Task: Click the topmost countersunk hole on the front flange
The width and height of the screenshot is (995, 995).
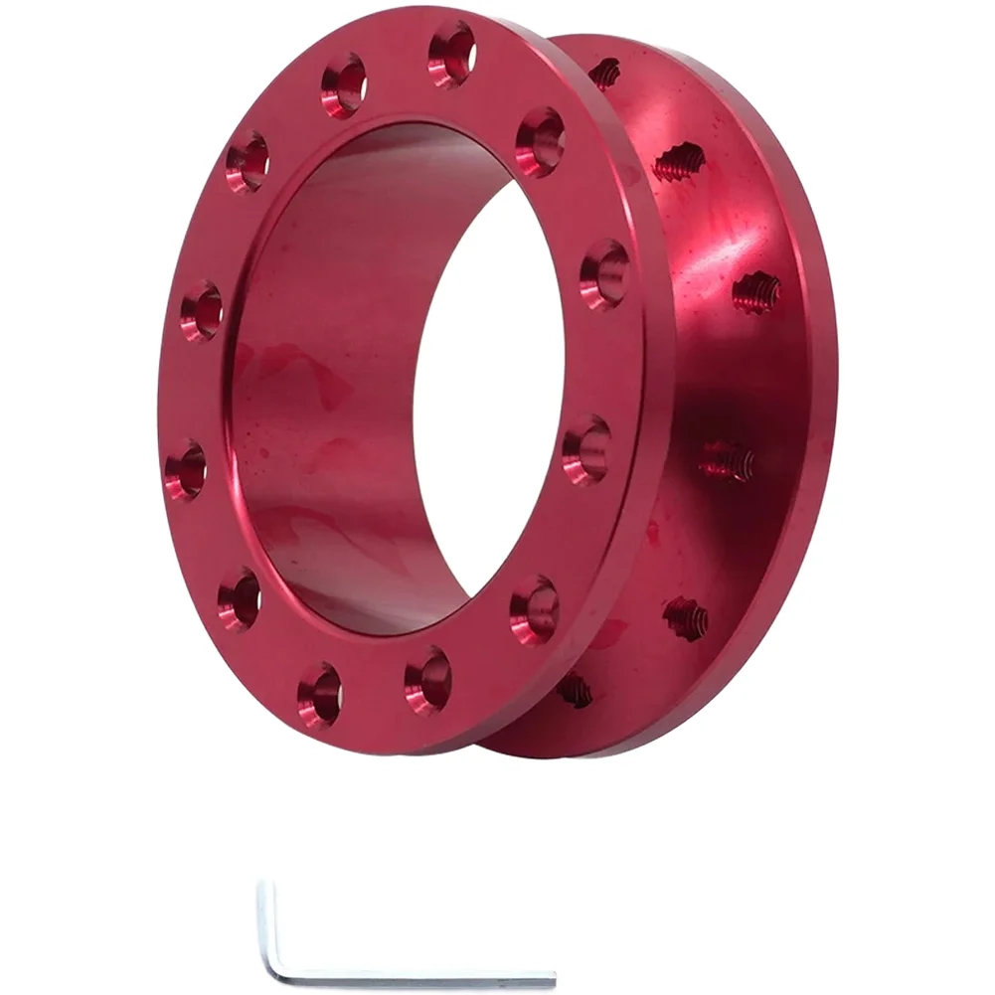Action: click(x=451, y=54)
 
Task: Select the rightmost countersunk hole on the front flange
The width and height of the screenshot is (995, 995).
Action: click(x=604, y=274)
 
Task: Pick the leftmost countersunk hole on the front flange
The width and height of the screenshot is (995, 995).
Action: click(x=186, y=469)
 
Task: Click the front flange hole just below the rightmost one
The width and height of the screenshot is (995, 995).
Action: click(x=586, y=449)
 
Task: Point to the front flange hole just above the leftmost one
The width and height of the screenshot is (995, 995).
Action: click(x=202, y=311)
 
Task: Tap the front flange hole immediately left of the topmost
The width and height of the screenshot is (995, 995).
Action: click(x=344, y=85)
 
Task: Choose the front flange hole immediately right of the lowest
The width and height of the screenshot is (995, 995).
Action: click(x=428, y=679)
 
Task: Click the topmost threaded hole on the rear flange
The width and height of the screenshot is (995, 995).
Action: click(x=604, y=73)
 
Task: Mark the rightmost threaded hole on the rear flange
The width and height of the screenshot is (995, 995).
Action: click(x=756, y=292)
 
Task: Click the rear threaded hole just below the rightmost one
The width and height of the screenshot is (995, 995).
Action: click(x=727, y=460)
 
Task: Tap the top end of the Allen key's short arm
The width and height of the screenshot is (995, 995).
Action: click(x=262, y=887)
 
